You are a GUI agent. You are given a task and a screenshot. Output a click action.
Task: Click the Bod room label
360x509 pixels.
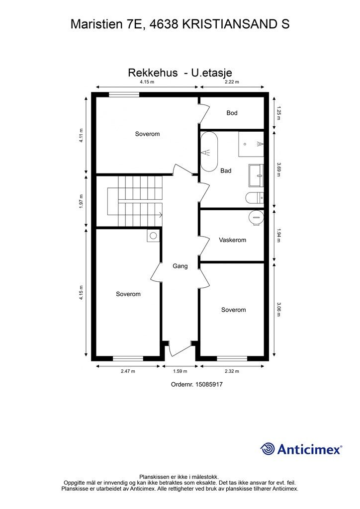(232, 113)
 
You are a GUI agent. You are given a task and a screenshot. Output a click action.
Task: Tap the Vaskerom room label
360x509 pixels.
(232, 240)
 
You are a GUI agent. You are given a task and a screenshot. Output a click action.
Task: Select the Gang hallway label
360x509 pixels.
(180, 266)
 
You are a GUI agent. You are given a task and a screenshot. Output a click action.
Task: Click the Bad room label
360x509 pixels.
(226, 171)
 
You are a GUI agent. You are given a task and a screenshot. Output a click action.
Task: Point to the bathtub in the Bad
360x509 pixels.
(209, 152)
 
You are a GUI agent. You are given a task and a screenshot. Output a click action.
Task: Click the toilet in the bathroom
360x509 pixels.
(255, 198)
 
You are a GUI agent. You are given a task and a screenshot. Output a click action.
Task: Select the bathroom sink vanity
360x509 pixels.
(256, 175)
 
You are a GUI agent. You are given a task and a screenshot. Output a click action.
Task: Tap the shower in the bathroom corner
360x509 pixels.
(251, 144)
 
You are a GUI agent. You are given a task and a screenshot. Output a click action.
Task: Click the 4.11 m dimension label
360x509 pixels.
(81, 135)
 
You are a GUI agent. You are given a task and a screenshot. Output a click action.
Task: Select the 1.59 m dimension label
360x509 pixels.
(180, 371)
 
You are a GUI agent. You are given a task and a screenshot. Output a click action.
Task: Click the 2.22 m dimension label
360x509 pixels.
(232, 82)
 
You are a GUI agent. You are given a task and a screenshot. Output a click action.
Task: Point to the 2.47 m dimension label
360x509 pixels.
(128, 371)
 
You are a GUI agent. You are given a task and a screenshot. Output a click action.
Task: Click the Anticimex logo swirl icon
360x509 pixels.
(268, 449)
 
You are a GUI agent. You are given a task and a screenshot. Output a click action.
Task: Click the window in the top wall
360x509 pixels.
(124, 94)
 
